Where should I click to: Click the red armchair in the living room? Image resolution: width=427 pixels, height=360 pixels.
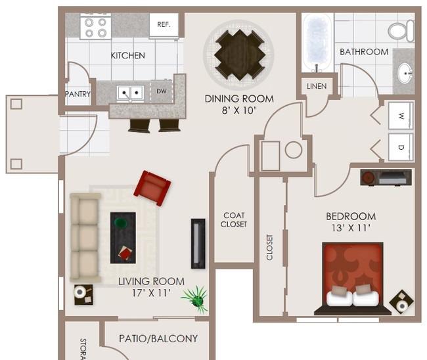pos(152,188)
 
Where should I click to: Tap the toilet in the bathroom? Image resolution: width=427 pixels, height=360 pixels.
pos(401,30)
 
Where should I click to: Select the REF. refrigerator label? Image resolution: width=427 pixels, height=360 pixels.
pos(164,24)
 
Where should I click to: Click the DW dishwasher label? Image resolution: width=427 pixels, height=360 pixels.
pos(161,91)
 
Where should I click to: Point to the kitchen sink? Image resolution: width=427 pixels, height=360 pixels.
pos(130,93)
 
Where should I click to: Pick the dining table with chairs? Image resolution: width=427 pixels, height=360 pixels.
pos(240,55)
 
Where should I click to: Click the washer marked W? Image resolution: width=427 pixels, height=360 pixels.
pos(401,116)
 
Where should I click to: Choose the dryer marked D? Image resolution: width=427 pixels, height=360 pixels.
pos(401,147)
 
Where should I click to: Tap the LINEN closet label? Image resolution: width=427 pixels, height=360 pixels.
pos(317,86)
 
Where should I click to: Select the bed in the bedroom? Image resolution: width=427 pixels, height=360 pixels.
pos(353,279)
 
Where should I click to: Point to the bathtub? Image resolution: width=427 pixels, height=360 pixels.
pos(317,43)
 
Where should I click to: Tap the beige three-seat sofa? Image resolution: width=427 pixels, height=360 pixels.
pos(85,237)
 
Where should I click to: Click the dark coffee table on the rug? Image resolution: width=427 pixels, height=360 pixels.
pos(123,238)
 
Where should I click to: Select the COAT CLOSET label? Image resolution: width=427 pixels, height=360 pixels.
pos(234,220)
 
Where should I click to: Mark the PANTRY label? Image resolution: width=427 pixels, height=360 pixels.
pos(78,94)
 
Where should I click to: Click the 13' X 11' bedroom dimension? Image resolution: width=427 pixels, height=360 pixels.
pos(351,228)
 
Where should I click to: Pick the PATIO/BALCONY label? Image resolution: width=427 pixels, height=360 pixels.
pos(158,338)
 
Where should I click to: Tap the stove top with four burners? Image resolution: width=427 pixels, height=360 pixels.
pos(96,28)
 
